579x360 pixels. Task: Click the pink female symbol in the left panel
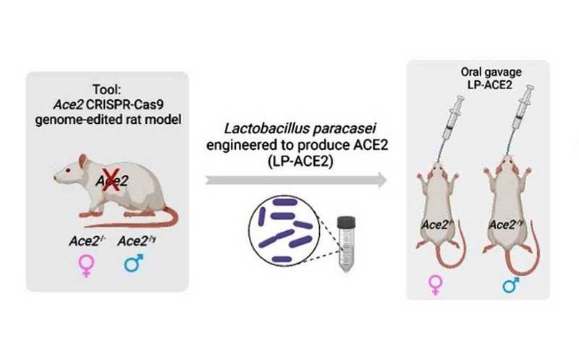click(87, 264)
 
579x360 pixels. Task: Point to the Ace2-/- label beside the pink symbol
click(88, 240)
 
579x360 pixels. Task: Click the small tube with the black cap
click(347, 249)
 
